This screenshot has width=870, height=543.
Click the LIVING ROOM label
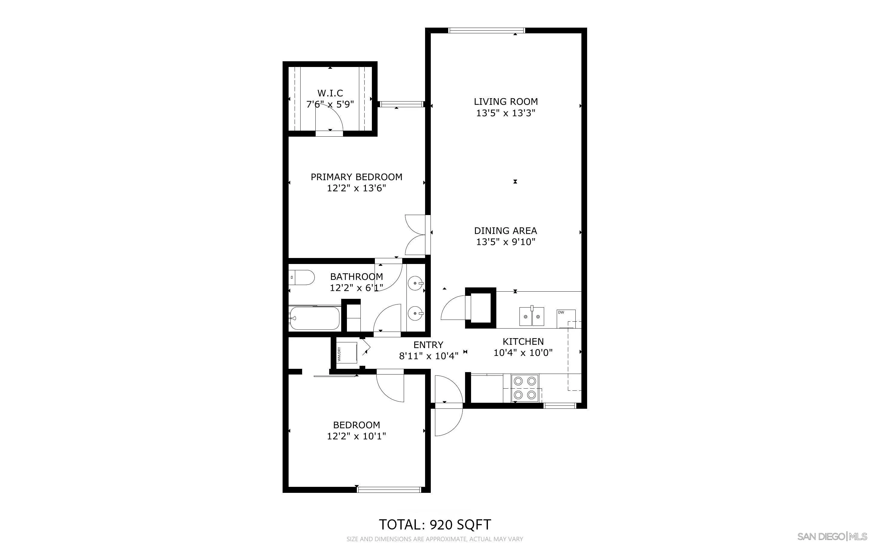tap(506, 102)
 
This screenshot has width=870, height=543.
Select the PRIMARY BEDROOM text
tap(357, 177)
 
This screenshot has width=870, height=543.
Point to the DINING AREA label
tap(506, 231)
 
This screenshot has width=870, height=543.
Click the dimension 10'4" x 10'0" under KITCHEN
tap(523, 353)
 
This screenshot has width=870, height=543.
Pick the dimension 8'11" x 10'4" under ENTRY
tap(429, 356)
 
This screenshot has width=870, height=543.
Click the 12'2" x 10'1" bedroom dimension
tap(357, 436)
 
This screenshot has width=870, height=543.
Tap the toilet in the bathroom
tap(302, 278)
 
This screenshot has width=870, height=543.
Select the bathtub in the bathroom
tap(314, 318)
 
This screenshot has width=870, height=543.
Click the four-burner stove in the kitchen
tap(525, 389)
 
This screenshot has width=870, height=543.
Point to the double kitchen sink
tap(531, 316)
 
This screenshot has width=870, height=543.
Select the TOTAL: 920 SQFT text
tap(435, 525)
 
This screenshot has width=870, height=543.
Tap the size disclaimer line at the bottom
tap(435, 539)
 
